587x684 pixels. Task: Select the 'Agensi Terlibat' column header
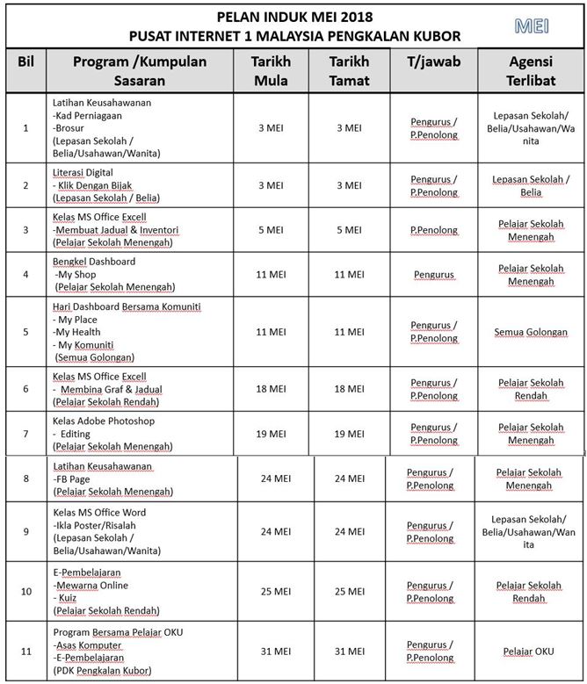click(x=530, y=71)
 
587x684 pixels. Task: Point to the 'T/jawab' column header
click(x=434, y=62)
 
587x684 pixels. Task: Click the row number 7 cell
click(x=25, y=434)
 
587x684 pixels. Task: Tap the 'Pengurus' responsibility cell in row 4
click(x=434, y=274)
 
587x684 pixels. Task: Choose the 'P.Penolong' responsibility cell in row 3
click(x=434, y=230)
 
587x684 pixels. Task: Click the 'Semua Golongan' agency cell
click(x=530, y=333)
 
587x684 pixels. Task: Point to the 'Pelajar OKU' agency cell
click(x=530, y=652)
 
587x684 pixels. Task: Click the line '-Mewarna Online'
click(x=88, y=585)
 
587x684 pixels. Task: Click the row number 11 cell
click(x=25, y=651)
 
